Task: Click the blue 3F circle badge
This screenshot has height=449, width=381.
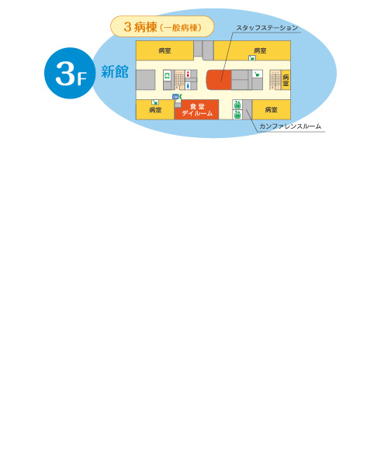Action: (70, 73)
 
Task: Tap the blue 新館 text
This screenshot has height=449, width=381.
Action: (115, 71)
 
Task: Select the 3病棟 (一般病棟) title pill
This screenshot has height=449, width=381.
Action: (162, 26)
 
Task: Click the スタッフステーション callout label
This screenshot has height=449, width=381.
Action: (267, 28)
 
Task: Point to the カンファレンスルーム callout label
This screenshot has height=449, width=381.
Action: (290, 126)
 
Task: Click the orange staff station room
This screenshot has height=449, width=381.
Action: (219, 80)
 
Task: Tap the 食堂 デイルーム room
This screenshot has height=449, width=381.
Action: (197, 109)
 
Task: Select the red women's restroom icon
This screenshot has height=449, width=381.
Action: (188, 74)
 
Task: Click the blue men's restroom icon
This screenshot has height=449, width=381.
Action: (188, 85)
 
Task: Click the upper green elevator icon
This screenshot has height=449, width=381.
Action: (237, 105)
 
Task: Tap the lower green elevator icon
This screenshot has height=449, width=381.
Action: (237, 115)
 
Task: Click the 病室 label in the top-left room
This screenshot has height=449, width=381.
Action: (165, 51)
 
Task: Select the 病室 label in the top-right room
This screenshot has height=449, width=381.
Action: (260, 50)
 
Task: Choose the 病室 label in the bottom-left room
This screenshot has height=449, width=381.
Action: (155, 110)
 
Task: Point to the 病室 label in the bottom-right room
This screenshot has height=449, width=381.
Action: (271, 109)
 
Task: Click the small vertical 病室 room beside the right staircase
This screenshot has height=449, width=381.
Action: (286, 80)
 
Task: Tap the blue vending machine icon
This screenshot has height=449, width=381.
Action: (175, 97)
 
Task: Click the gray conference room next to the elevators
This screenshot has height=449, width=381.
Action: (248, 109)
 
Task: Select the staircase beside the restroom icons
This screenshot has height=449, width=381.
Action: (179, 80)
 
